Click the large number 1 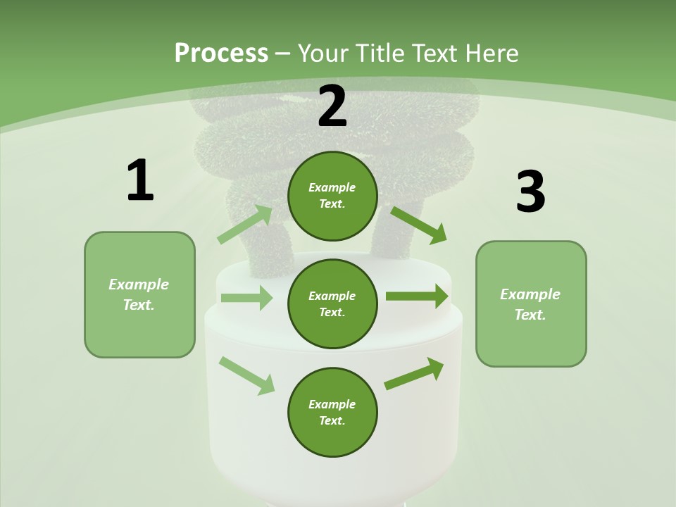pyautogui.click(x=140, y=180)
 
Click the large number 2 pyautogui.click(x=332, y=106)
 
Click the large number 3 pyautogui.click(x=530, y=192)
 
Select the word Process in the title pyautogui.click(x=221, y=53)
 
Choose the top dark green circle pyautogui.click(x=332, y=196)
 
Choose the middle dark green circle pyautogui.click(x=332, y=303)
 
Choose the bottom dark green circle pyautogui.click(x=332, y=412)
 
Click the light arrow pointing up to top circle pyautogui.click(x=244, y=225)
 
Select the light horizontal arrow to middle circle pyautogui.click(x=246, y=298)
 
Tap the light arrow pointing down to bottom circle pyautogui.click(x=246, y=375)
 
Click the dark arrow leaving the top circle pyautogui.click(x=418, y=225)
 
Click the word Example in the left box pyautogui.click(x=139, y=284)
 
